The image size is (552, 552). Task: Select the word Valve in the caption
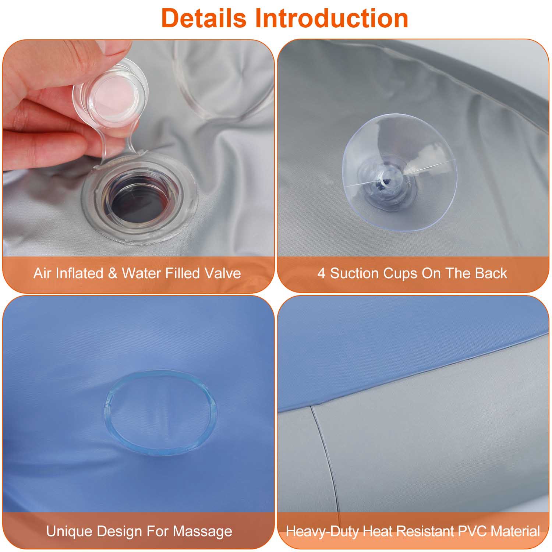click(x=223, y=273)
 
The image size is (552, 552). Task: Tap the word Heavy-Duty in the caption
click(x=323, y=532)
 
